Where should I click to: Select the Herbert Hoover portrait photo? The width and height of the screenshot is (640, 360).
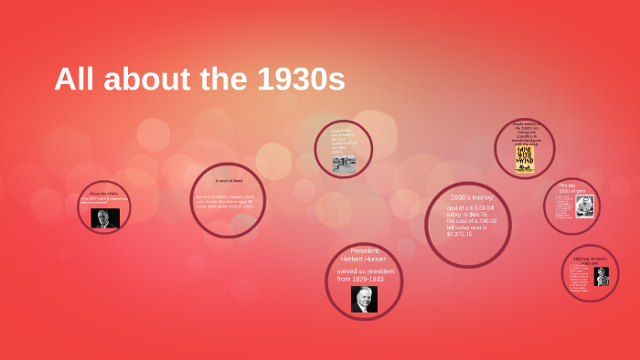364,299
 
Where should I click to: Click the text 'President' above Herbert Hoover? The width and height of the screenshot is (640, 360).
364,250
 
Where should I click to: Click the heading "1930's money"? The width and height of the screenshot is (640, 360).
472,198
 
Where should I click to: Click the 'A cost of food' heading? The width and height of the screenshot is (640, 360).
228,181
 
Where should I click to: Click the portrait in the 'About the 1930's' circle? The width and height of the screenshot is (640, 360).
105,218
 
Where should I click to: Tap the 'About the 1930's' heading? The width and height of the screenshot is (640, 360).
104,195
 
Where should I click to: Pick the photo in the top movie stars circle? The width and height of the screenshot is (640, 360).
602,276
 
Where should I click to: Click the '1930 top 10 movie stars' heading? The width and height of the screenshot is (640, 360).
589,259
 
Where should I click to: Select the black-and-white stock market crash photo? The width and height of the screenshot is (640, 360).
344,163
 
